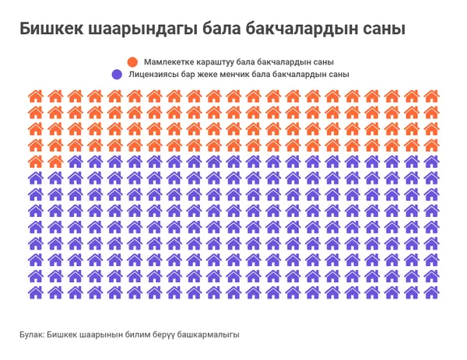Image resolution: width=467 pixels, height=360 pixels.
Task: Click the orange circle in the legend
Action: tap(132, 61)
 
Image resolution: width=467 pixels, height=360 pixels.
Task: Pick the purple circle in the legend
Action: tap(117, 75)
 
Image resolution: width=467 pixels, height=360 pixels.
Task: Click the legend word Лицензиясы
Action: tap(153, 75)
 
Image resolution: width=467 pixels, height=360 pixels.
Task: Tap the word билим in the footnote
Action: tap(133, 334)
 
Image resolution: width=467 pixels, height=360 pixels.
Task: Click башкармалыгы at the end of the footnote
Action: tap(207, 334)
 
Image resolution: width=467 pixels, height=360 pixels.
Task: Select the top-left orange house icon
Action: tap(35, 96)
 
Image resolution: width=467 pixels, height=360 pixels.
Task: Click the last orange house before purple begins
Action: tap(55, 162)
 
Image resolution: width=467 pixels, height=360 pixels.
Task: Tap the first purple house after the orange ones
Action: tap(75, 162)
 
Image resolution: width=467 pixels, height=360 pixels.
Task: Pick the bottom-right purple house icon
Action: tap(432, 292)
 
